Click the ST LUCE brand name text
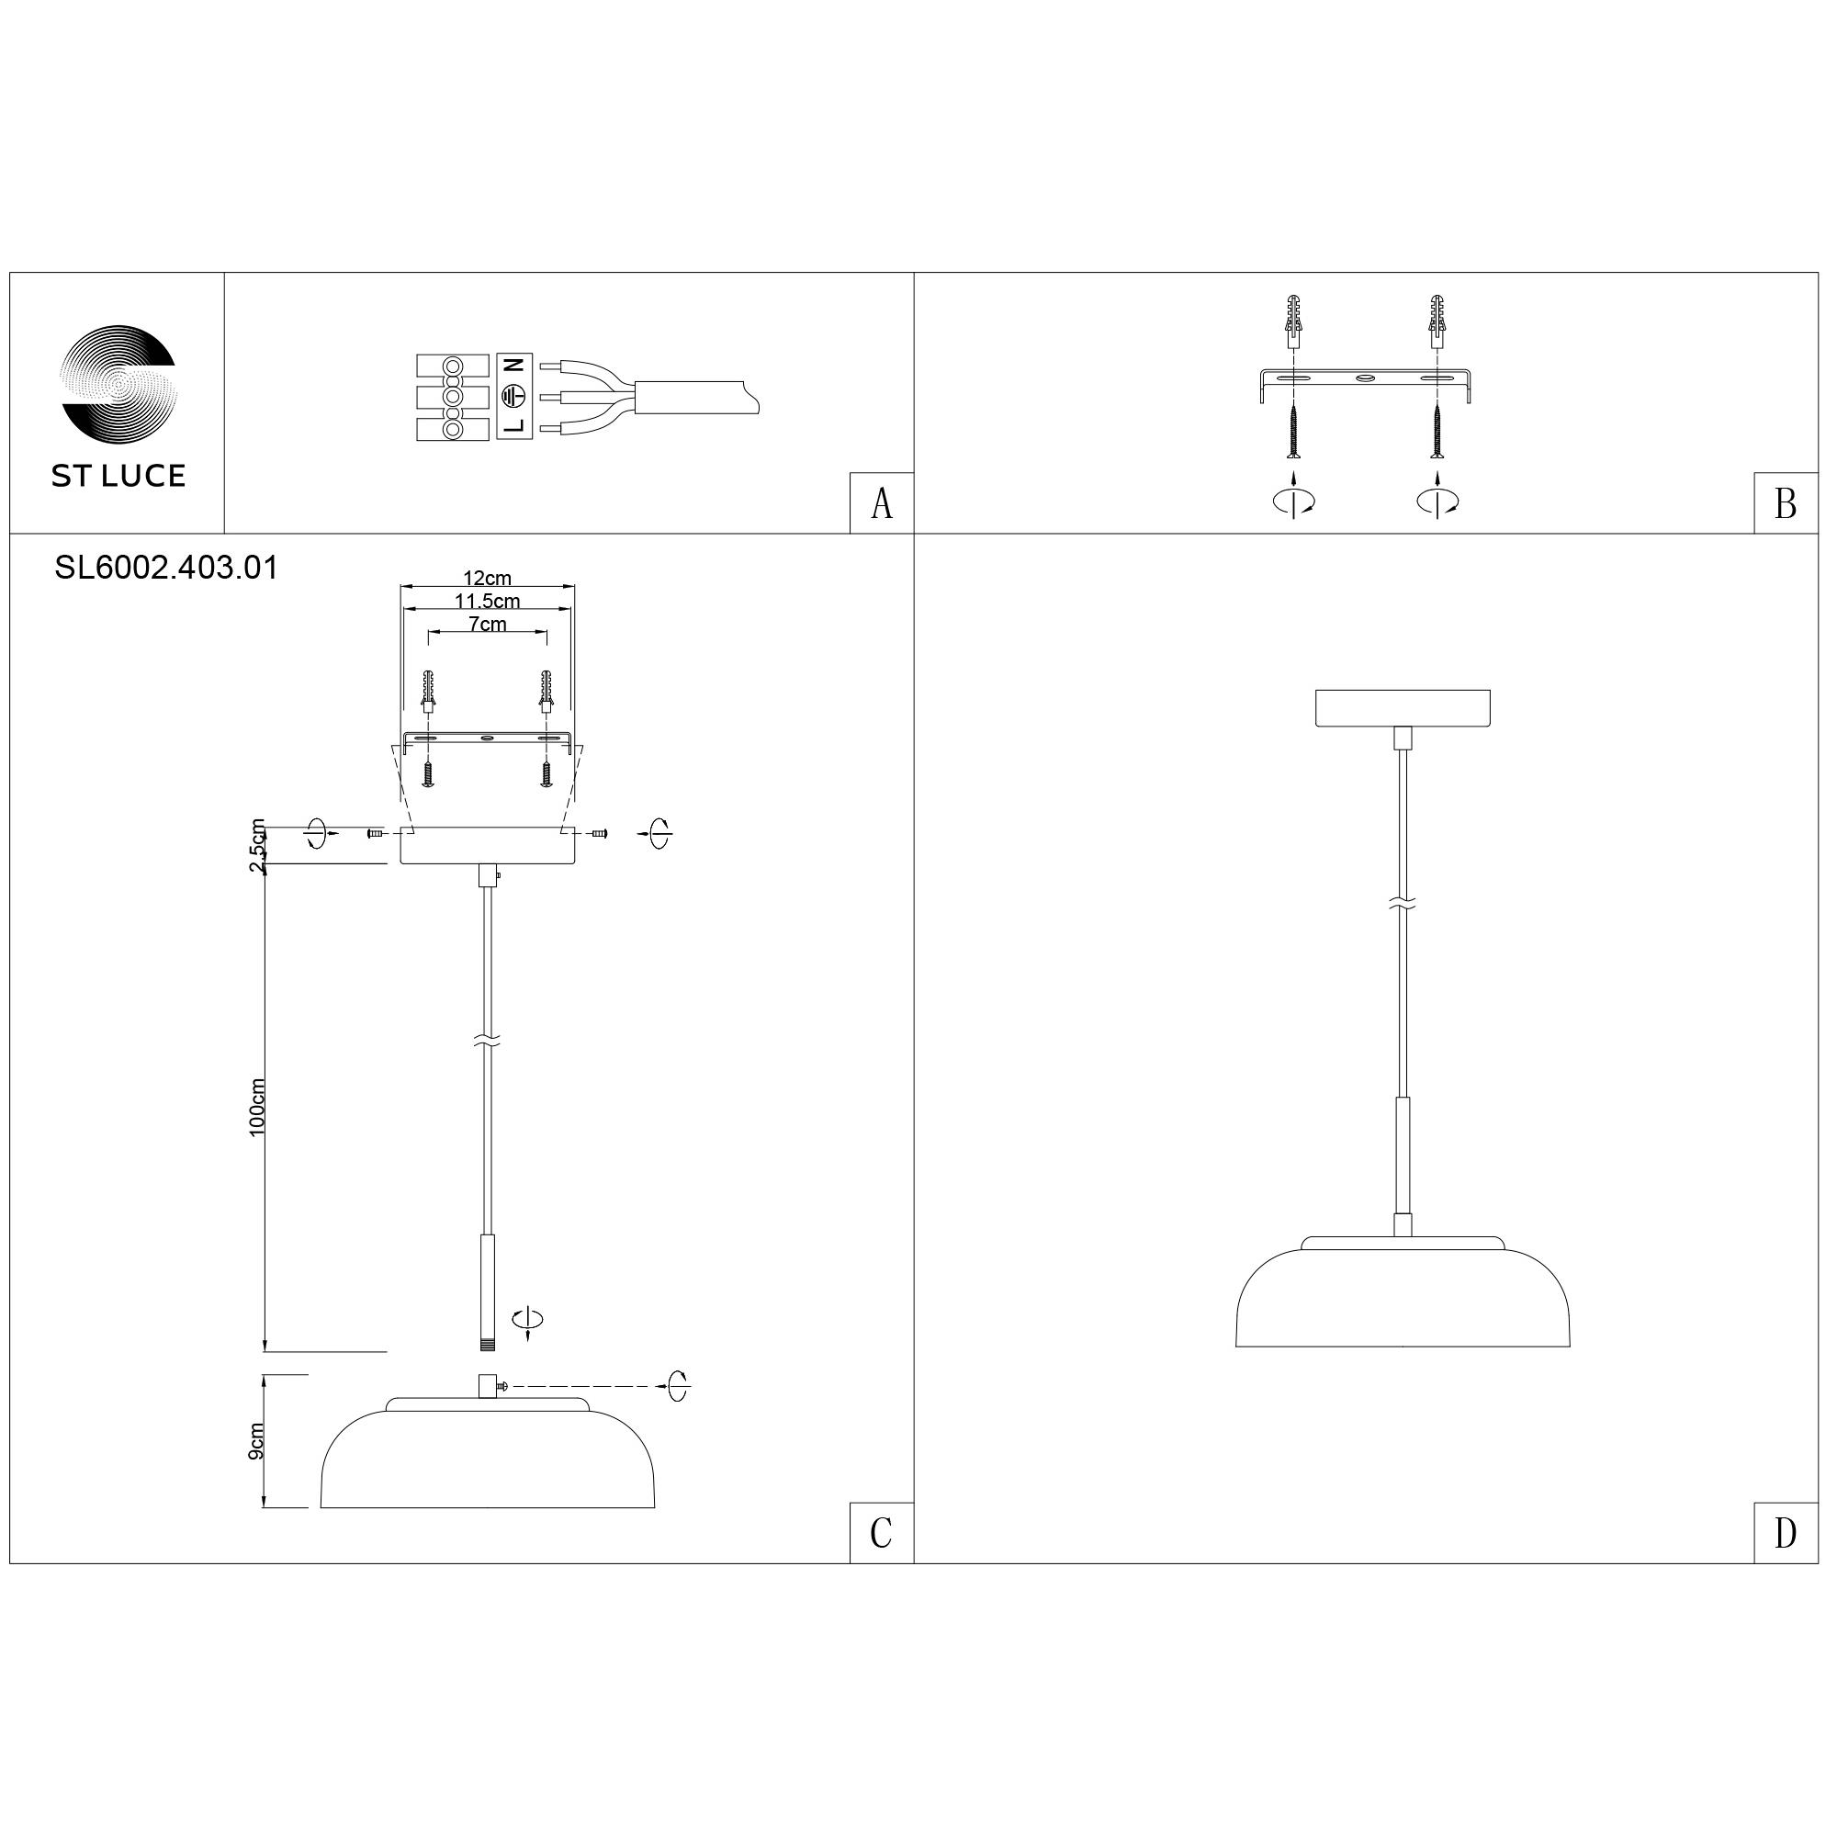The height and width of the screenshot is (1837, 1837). click(x=118, y=477)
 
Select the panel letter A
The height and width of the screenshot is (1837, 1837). click(x=883, y=505)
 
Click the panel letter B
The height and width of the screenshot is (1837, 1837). click(x=1786, y=505)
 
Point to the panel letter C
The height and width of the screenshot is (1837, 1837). click(x=882, y=1533)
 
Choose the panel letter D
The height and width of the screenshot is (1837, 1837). click(x=1786, y=1533)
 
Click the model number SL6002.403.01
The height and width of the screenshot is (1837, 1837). click(x=166, y=569)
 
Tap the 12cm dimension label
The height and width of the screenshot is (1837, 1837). click(x=487, y=578)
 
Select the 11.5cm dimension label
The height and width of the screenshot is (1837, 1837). click(x=487, y=601)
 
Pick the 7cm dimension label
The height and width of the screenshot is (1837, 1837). click(x=487, y=625)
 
